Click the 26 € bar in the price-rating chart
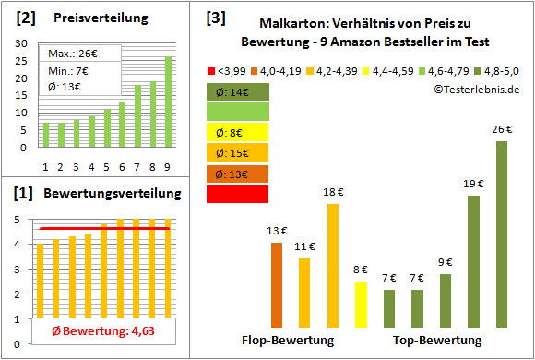point(501,235)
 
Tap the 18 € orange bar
point(333,266)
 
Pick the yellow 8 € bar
point(361,305)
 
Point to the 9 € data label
point(446,262)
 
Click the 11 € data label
point(304,246)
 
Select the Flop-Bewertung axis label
point(287,341)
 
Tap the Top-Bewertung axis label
point(434,341)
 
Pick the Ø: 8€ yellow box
point(237,132)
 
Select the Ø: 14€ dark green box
point(237,91)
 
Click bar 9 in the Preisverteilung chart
point(168,102)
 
